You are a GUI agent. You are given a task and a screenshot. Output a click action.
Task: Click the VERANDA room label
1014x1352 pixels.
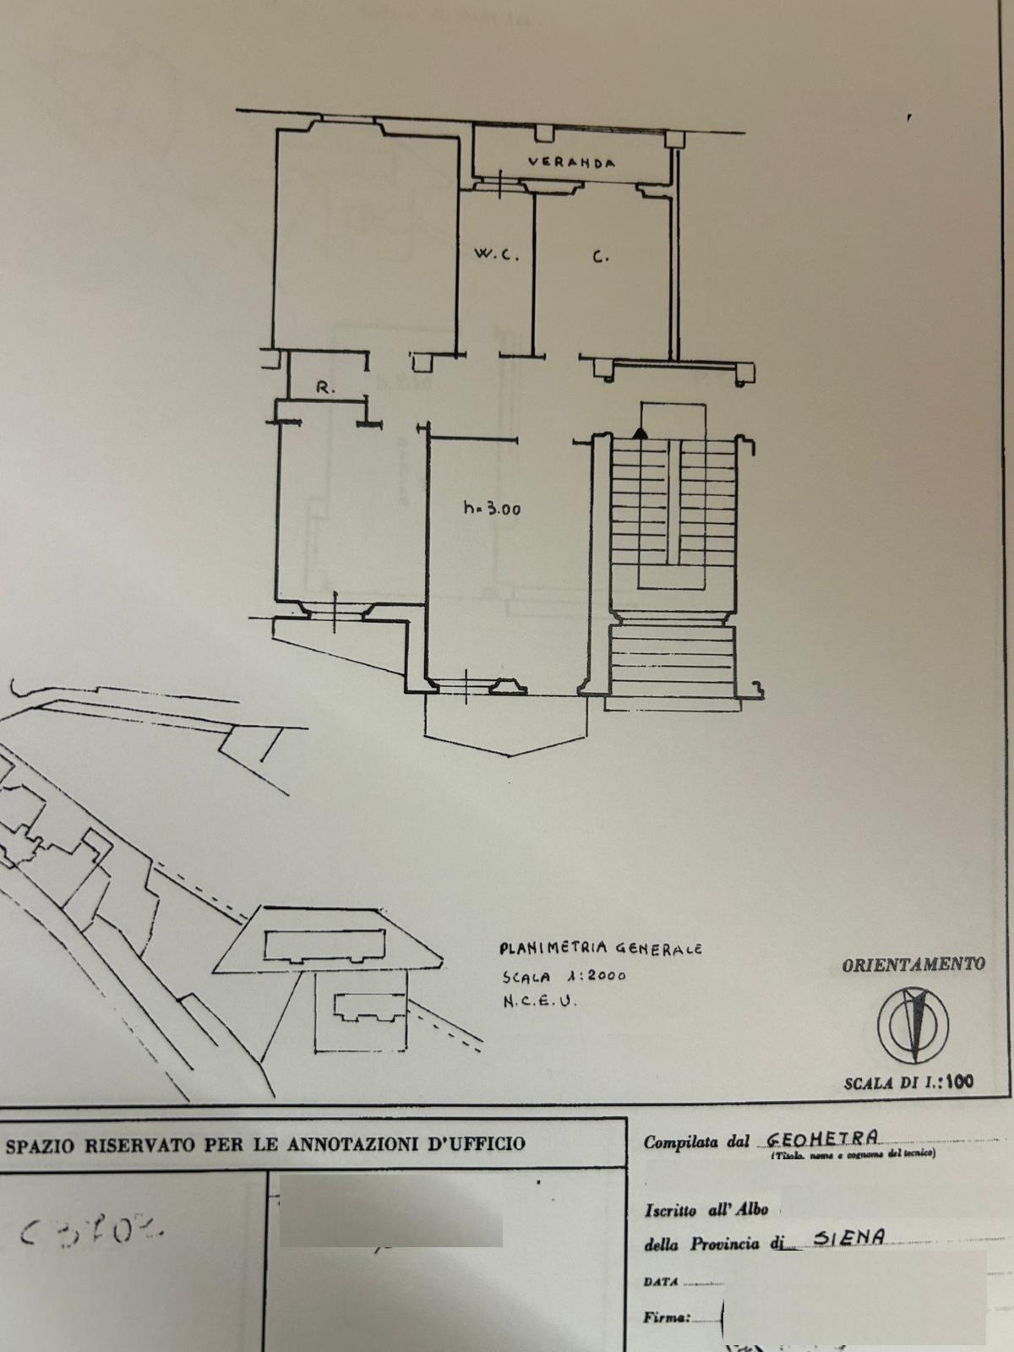click(x=571, y=162)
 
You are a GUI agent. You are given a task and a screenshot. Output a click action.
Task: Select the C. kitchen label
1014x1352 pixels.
click(x=600, y=257)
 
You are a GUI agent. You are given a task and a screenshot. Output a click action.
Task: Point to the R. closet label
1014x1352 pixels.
click(x=325, y=389)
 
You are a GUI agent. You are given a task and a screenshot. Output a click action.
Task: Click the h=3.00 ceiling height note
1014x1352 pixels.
click(x=492, y=509)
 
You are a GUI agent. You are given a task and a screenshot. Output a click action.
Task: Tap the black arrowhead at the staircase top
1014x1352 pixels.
click(x=641, y=433)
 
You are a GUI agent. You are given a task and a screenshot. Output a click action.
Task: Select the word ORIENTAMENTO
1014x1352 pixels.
click(x=913, y=964)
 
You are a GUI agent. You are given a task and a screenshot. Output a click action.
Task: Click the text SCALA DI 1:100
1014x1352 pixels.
click(x=908, y=1082)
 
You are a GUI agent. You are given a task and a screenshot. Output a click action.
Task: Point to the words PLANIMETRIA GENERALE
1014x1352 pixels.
click(x=600, y=949)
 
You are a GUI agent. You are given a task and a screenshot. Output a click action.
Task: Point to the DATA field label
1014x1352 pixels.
click(x=661, y=1281)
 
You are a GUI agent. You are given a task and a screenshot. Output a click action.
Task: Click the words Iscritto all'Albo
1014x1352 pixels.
click(x=706, y=1209)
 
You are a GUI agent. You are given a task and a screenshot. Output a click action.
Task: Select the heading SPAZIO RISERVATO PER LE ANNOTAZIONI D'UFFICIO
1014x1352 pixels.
click(x=265, y=1144)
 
